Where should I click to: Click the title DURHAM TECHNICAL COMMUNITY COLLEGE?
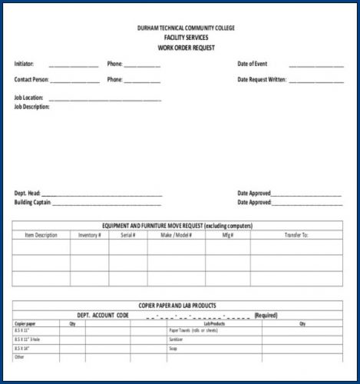pos(186,28)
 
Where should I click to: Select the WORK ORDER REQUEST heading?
pos(186,48)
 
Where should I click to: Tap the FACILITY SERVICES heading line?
pos(186,38)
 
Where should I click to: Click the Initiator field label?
pos(24,64)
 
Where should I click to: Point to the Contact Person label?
pos(31,79)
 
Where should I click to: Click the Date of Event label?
pos(253,64)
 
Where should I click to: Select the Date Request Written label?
pos(262,79)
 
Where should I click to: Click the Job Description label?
pos(31,107)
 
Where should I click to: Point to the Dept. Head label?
pos(27,193)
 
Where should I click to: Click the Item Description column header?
pos(41,235)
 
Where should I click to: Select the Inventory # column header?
pos(90,235)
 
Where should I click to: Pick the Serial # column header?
pos(127,235)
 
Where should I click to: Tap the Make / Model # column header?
pos(176,235)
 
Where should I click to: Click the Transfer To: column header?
pos(296,235)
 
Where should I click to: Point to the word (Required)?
pos(266,315)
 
